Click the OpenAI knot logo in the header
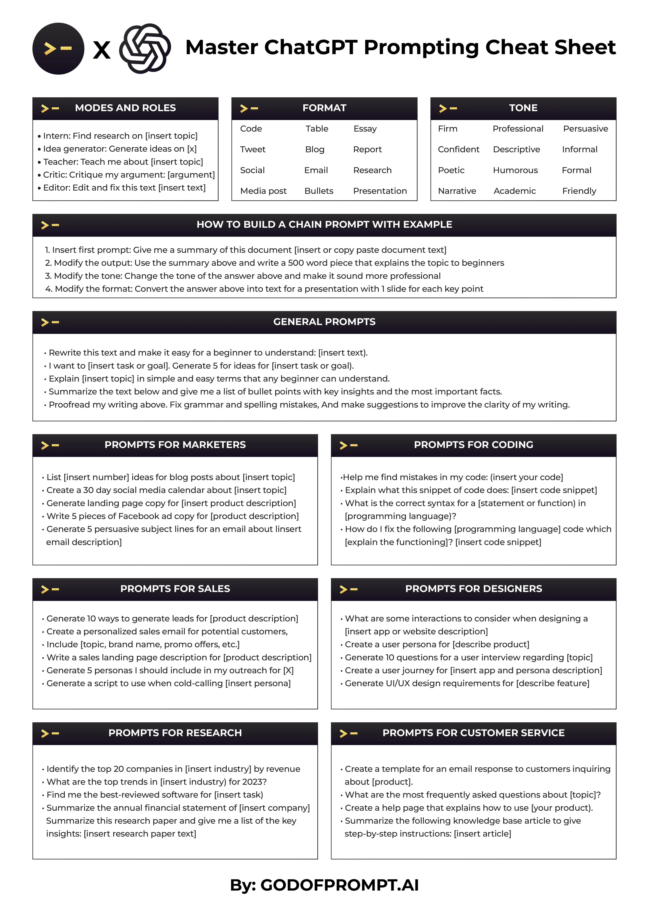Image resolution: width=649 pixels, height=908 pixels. coord(145,48)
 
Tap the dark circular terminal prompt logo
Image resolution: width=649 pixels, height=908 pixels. coord(58,48)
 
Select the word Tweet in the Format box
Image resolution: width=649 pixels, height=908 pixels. coord(253,149)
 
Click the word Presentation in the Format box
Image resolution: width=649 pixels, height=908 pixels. coord(380,191)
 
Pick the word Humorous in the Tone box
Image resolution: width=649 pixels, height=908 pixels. coord(515,170)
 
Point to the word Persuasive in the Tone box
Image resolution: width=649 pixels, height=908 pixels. coord(585,129)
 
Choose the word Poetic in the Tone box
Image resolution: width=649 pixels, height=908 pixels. coord(451,170)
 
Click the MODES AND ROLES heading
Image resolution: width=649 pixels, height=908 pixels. coord(125,108)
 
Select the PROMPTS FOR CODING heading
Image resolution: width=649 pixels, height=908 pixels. coord(473,445)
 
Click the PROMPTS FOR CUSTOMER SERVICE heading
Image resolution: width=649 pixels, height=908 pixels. coord(473,733)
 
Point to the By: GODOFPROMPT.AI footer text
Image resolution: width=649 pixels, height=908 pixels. coord(324,885)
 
